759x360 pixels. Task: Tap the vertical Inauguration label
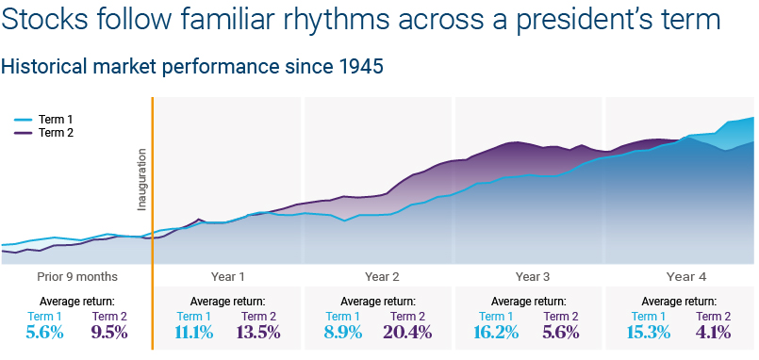141,179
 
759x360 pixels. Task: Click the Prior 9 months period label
77,277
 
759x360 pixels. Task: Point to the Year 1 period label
227,277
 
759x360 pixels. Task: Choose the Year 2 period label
382,277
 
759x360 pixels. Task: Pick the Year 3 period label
533,277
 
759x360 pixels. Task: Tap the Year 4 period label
686,277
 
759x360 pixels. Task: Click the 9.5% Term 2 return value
109,333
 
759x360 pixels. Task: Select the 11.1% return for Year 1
194,333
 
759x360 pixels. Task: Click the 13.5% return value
258,333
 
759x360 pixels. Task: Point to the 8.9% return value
343,333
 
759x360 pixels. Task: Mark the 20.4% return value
407,333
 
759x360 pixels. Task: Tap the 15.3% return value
649,333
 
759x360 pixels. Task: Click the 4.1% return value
714,333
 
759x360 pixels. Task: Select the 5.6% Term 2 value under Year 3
561,333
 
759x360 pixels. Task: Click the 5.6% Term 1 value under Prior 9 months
44,333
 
